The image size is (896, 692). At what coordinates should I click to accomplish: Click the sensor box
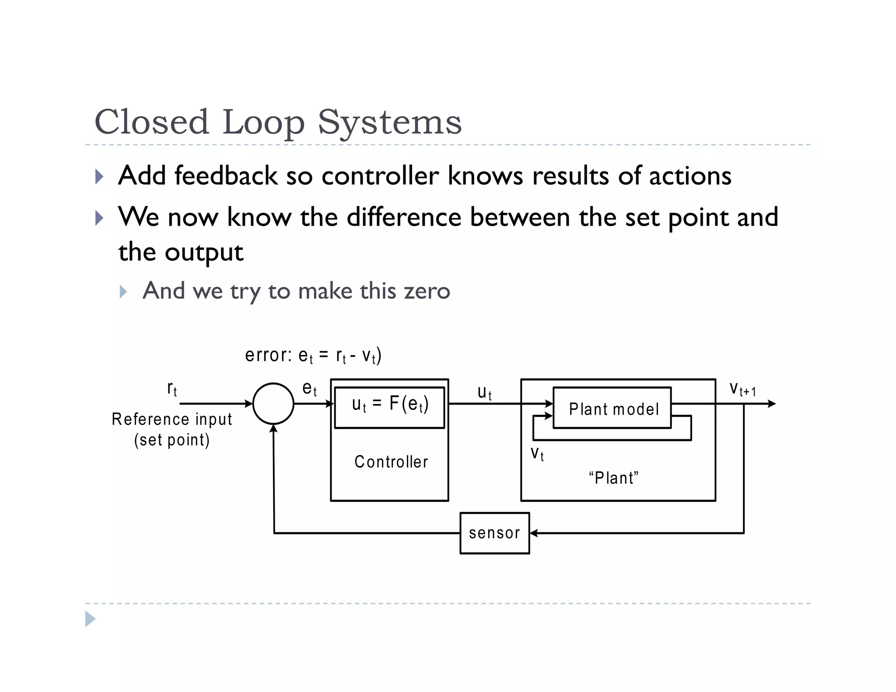click(494, 533)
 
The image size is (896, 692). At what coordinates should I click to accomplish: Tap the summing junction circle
click(273, 404)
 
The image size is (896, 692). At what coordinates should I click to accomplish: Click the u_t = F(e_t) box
click(389, 407)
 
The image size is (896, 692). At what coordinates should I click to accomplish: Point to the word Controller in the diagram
click(391, 462)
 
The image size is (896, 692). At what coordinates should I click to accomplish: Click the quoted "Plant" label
click(613, 478)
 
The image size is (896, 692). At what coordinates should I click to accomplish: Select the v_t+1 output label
click(742, 389)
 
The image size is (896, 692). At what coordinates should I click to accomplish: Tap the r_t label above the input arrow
click(172, 388)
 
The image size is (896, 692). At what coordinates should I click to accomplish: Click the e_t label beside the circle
click(309, 388)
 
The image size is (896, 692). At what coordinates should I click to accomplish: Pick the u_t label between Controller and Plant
click(484, 392)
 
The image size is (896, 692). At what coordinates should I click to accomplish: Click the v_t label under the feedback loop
click(537, 454)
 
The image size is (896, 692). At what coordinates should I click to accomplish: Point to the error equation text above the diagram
click(313, 355)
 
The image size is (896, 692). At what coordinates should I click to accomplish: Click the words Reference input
click(171, 419)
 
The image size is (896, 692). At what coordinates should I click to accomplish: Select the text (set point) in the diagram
click(171, 440)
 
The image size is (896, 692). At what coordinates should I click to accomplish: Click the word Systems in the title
click(389, 122)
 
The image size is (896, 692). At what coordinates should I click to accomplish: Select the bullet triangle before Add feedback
click(99, 177)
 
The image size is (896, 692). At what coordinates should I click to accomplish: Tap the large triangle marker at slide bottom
click(90, 619)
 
